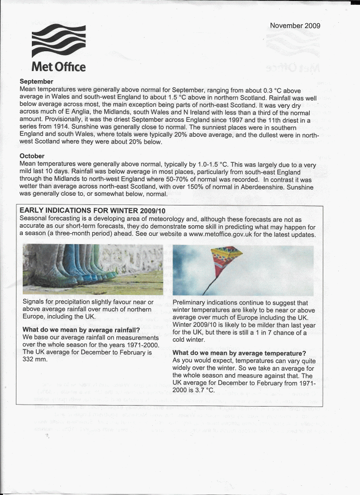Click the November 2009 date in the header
(295, 26)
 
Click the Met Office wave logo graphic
(58, 41)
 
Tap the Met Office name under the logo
(58, 66)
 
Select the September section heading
(36, 82)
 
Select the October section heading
(32, 156)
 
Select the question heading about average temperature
(239, 353)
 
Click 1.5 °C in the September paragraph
(186, 97)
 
